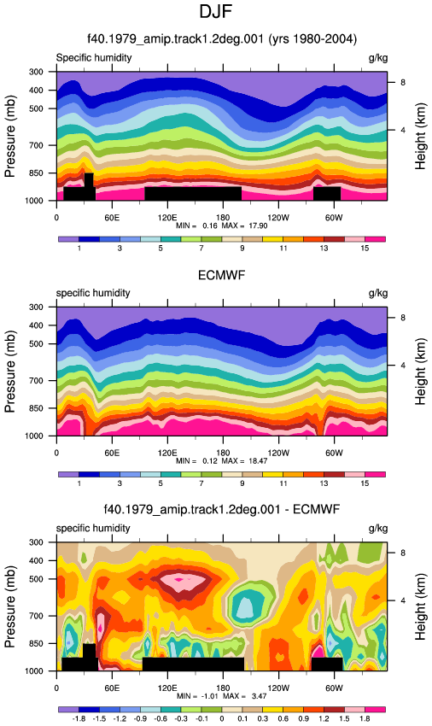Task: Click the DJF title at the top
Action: (215, 12)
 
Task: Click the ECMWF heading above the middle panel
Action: (221, 276)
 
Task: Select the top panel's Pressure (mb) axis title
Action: (10, 136)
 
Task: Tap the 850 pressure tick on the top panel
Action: (37, 173)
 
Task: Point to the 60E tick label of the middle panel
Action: (112, 453)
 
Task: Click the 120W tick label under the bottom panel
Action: (278, 688)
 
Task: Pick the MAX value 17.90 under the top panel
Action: (260, 226)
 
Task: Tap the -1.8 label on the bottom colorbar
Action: (79, 718)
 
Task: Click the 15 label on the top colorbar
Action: (365, 249)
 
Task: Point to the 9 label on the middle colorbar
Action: (242, 483)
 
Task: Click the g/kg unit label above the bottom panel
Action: (378, 529)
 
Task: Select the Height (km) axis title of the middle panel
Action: (420, 372)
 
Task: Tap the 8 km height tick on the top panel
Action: (403, 82)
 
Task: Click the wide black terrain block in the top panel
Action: (193, 194)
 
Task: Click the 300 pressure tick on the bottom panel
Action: (37, 542)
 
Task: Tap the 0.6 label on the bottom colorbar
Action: (283, 718)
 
